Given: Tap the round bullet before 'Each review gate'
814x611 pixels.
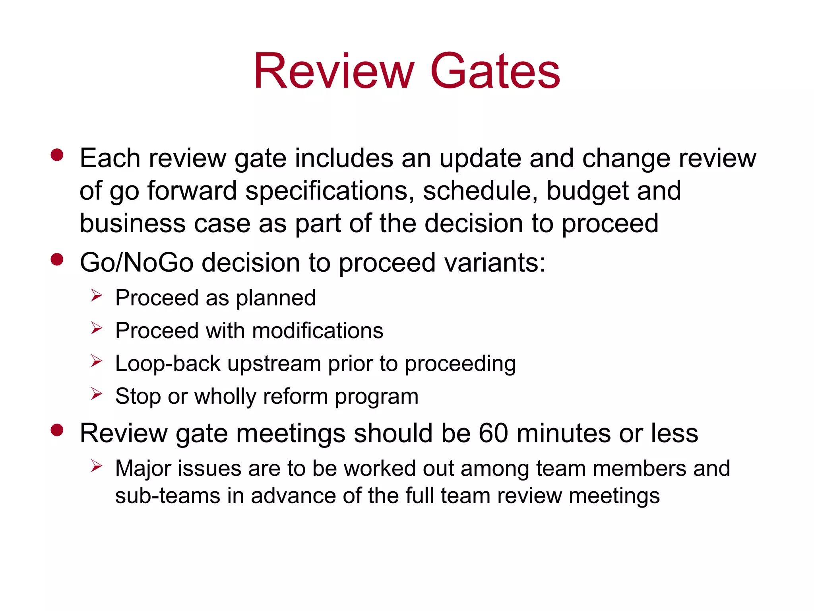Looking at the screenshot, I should pos(57,155).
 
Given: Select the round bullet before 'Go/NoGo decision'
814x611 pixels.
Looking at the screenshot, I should pos(57,260).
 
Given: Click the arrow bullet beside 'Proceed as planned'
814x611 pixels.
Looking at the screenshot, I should pos(97,296).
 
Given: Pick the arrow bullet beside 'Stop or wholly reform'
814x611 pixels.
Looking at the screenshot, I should pos(97,394).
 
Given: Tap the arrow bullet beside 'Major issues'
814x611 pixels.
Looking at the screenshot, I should pos(97,466).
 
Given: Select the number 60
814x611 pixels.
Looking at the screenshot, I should pos(493,433).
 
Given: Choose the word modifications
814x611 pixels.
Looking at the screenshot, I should pos(318,331).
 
